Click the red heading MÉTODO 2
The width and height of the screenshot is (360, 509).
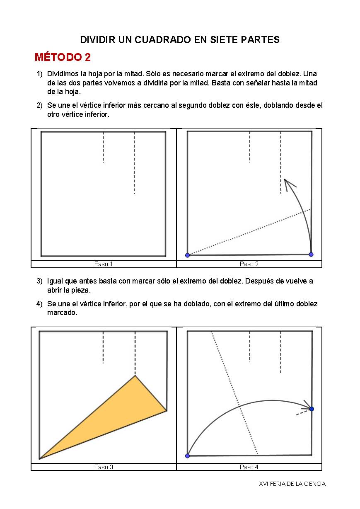pos(63,57)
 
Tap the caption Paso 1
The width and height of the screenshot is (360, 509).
pos(104,264)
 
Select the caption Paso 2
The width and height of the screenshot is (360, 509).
pos(249,264)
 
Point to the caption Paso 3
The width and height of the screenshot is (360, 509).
pos(104,467)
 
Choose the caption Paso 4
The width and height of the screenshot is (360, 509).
pos(249,467)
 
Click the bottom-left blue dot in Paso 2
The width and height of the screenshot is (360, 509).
pos(187,255)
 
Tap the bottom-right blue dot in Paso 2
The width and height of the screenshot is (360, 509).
pos(311,254)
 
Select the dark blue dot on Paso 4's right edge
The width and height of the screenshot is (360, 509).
pos(312,409)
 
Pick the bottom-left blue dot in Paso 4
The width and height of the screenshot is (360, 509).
pos(187,456)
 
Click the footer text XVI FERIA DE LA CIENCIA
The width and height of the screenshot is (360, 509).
pos(292,484)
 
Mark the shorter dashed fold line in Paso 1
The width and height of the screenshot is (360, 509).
pos(103,147)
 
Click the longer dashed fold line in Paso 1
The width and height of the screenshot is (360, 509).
pos(134,163)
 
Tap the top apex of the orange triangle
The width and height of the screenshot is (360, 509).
pos(135,376)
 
